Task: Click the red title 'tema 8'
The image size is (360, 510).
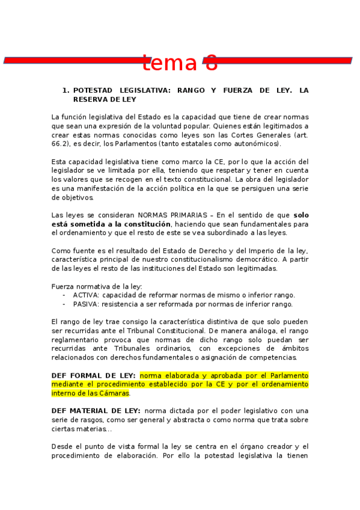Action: click(x=180, y=62)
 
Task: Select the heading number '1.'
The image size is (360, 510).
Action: click(x=66, y=90)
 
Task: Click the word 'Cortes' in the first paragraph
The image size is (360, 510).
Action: click(x=234, y=135)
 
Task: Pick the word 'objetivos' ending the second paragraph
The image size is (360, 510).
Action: click(x=78, y=197)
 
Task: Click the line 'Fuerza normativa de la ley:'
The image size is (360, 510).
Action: click(x=97, y=286)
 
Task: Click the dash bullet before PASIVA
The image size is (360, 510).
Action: click(x=64, y=304)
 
